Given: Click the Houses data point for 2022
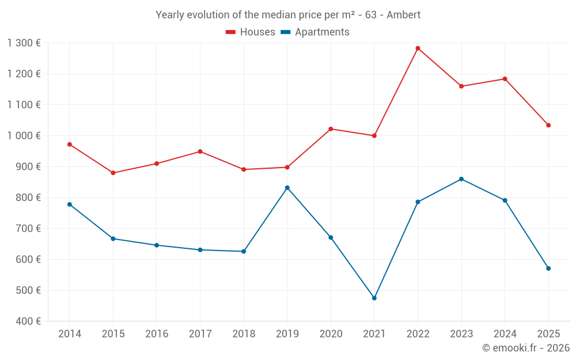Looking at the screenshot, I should pos(418,48).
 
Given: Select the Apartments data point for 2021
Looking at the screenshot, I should pos(374,298).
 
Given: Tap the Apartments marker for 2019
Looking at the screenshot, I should pos(287,188).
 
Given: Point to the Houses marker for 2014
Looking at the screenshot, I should pos(70,145).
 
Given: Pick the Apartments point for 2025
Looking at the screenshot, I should pos(548,268).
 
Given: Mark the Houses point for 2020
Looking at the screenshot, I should pos(331,129).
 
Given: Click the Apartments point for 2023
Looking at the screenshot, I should pos(461,179).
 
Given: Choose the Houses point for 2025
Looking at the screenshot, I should pos(548,125).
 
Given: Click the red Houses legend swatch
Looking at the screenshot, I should pos(230,32).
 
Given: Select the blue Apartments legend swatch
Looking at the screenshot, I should pos(285,32).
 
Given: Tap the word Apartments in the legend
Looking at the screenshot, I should pos(322,32).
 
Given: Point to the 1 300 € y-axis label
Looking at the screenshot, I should pos(24,43).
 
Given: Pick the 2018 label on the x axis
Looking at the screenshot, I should pos(244,334).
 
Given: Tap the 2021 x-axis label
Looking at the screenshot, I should pos(374,334).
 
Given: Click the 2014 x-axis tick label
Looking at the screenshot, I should pos(70,334).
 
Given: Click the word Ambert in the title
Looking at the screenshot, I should pos(404,14).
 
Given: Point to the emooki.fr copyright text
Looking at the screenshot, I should pos(525,348).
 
